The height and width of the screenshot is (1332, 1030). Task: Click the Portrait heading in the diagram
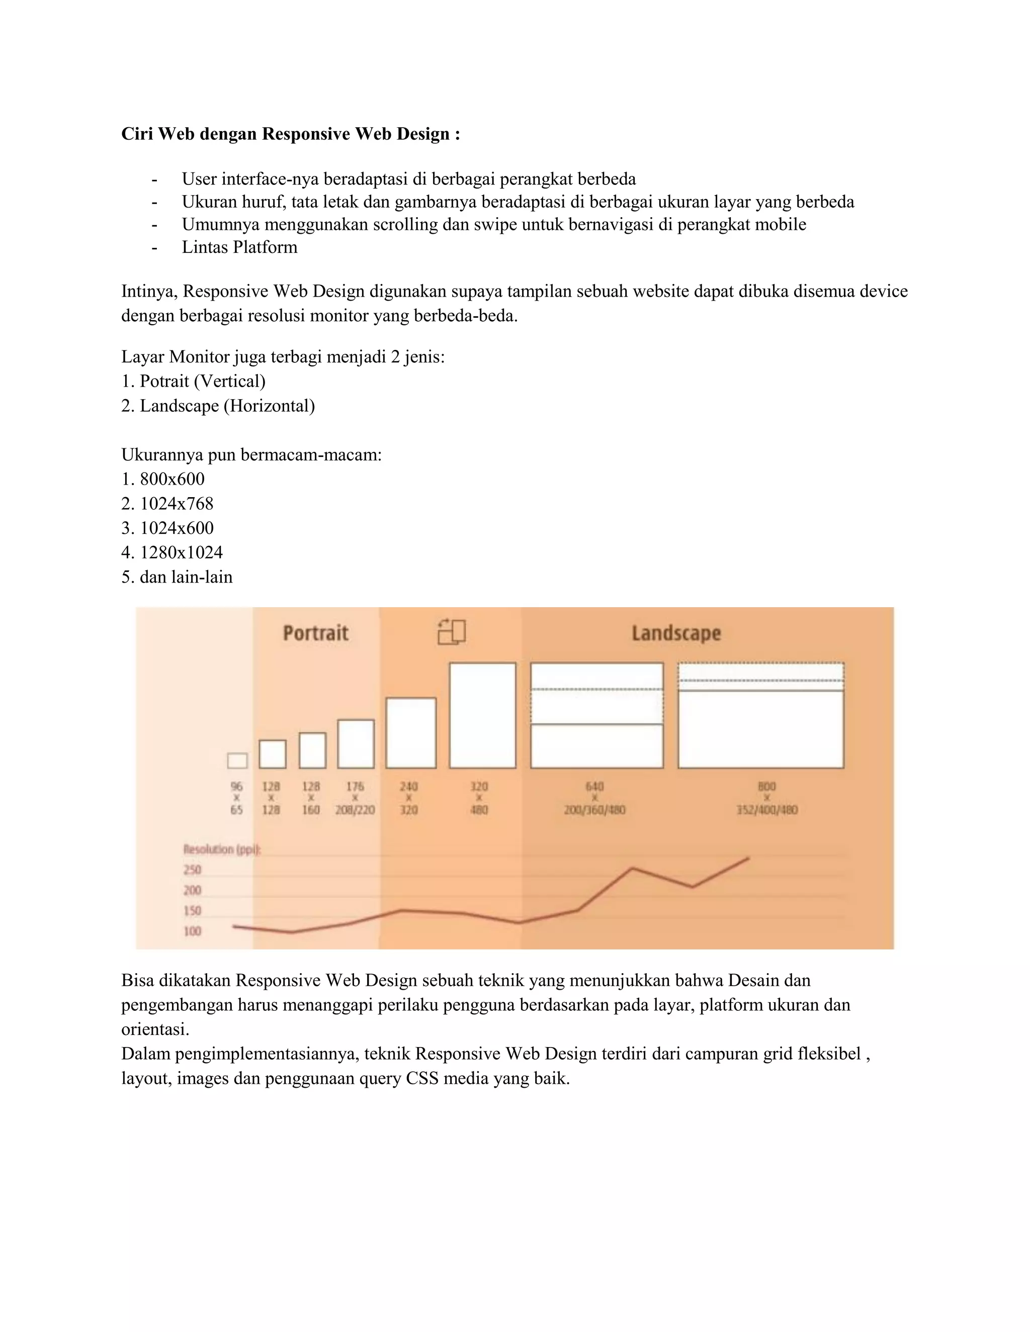coord(315,632)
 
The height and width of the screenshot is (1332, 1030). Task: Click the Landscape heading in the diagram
coord(676,633)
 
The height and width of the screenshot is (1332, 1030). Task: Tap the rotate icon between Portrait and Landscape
coord(452,632)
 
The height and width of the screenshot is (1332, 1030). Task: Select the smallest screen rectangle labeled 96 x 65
coord(237,760)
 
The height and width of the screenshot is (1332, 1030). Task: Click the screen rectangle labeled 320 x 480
coord(482,715)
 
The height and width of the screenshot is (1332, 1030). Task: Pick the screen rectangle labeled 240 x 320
coord(411,732)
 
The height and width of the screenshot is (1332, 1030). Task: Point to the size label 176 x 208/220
coord(355,798)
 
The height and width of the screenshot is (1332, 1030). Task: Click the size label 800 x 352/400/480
coord(766,798)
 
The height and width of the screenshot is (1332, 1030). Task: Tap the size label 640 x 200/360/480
coord(594,798)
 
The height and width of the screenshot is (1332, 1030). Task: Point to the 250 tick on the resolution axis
coord(192,869)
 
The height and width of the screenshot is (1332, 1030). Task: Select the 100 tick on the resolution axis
coord(192,931)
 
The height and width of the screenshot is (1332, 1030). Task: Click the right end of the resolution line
coord(748,859)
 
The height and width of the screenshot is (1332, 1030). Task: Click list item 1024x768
coord(177,504)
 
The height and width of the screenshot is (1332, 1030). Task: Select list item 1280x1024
coord(181,552)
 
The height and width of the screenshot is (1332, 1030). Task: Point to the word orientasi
coord(155,1029)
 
